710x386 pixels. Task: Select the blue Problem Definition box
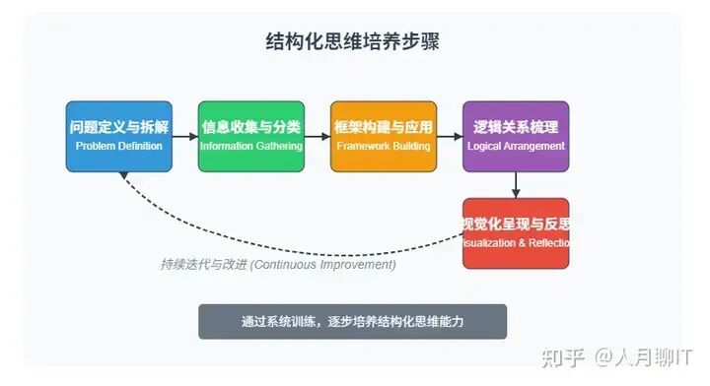coord(118,137)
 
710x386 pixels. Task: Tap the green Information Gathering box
coord(251,137)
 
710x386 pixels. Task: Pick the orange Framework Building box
coord(384,137)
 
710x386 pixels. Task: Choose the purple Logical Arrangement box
coord(516,137)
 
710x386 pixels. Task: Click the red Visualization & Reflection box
coord(516,233)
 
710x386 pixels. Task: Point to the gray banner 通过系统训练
coord(352,322)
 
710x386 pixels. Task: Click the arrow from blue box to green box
coord(184,137)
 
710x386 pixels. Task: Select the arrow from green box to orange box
coord(317,137)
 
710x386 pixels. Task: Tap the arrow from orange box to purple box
coord(450,137)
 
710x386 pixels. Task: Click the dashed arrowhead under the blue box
coord(123,176)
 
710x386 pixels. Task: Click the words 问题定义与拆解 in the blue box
coord(118,127)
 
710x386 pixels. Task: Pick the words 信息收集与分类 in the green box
coord(251,127)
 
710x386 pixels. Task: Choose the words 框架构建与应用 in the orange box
coord(384,127)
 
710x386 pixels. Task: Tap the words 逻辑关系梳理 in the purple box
coord(516,127)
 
